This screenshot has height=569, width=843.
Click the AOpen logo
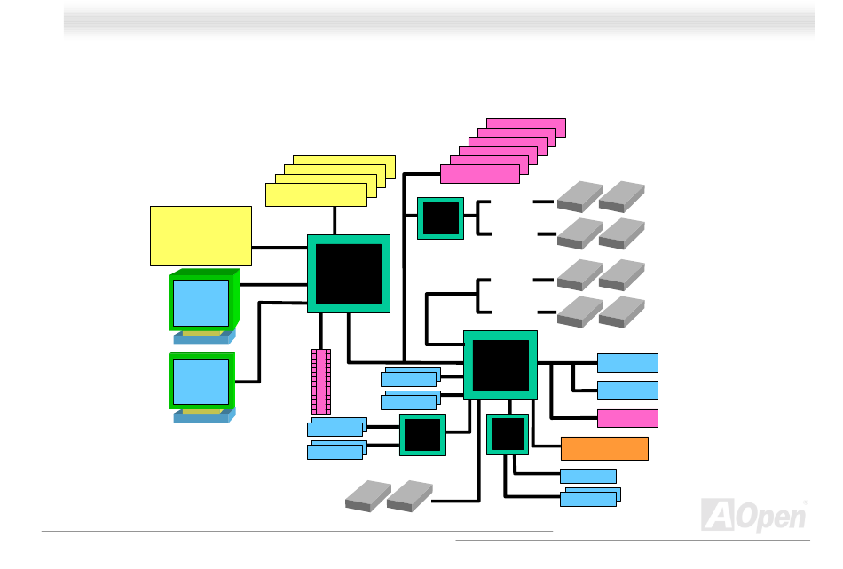[x=754, y=515]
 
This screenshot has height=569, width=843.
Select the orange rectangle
[x=604, y=448]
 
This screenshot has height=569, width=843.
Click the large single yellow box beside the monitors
[x=201, y=235]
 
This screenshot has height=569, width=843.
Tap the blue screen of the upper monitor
[x=201, y=302]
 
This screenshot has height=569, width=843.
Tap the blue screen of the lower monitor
[x=201, y=381]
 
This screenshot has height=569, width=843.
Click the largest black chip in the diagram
[x=349, y=273]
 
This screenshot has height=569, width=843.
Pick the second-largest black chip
[x=500, y=365]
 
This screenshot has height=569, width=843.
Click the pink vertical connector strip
[x=321, y=381]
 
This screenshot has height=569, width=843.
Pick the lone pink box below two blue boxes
[x=627, y=418]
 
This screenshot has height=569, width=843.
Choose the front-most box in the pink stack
[x=480, y=174]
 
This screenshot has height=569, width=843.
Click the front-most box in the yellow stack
[x=316, y=194]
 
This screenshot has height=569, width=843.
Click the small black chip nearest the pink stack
[x=441, y=217]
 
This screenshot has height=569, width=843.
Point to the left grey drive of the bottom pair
[x=367, y=496]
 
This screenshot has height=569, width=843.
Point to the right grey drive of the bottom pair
[x=409, y=496]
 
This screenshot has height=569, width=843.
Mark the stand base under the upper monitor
[x=204, y=337]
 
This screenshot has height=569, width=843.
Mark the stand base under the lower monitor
[x=204, y=415]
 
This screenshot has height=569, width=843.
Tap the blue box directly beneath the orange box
[x=588, y=476]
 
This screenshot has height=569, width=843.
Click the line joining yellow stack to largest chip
[x=335, y=221]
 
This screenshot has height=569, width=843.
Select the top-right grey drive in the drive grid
[x=622, y=195]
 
